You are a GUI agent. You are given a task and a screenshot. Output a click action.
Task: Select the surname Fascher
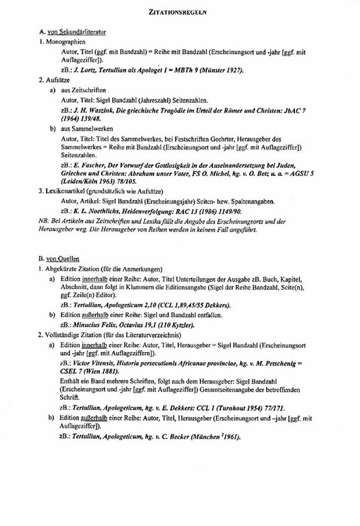94,166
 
